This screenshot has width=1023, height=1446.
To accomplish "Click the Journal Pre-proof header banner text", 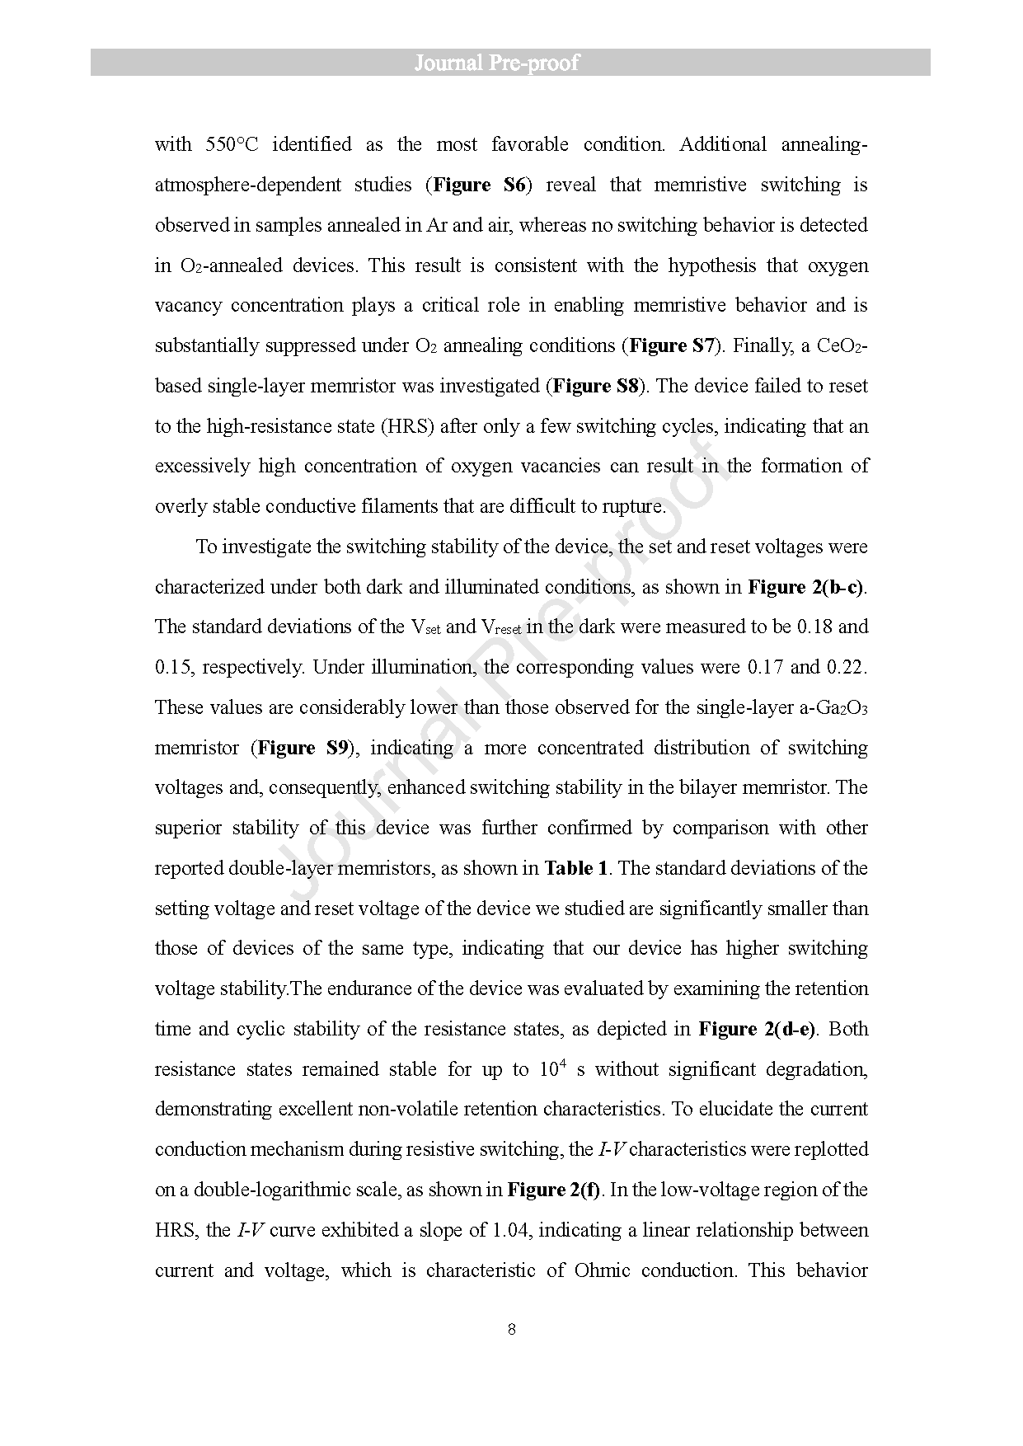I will (496, 63).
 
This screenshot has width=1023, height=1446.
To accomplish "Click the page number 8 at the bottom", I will (512, 1329).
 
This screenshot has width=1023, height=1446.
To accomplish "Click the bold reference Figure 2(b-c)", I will (806, 587).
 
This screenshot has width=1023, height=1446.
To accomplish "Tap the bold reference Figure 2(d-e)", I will (757, 1029).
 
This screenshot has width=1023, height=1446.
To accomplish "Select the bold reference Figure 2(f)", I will (554, 1190).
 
